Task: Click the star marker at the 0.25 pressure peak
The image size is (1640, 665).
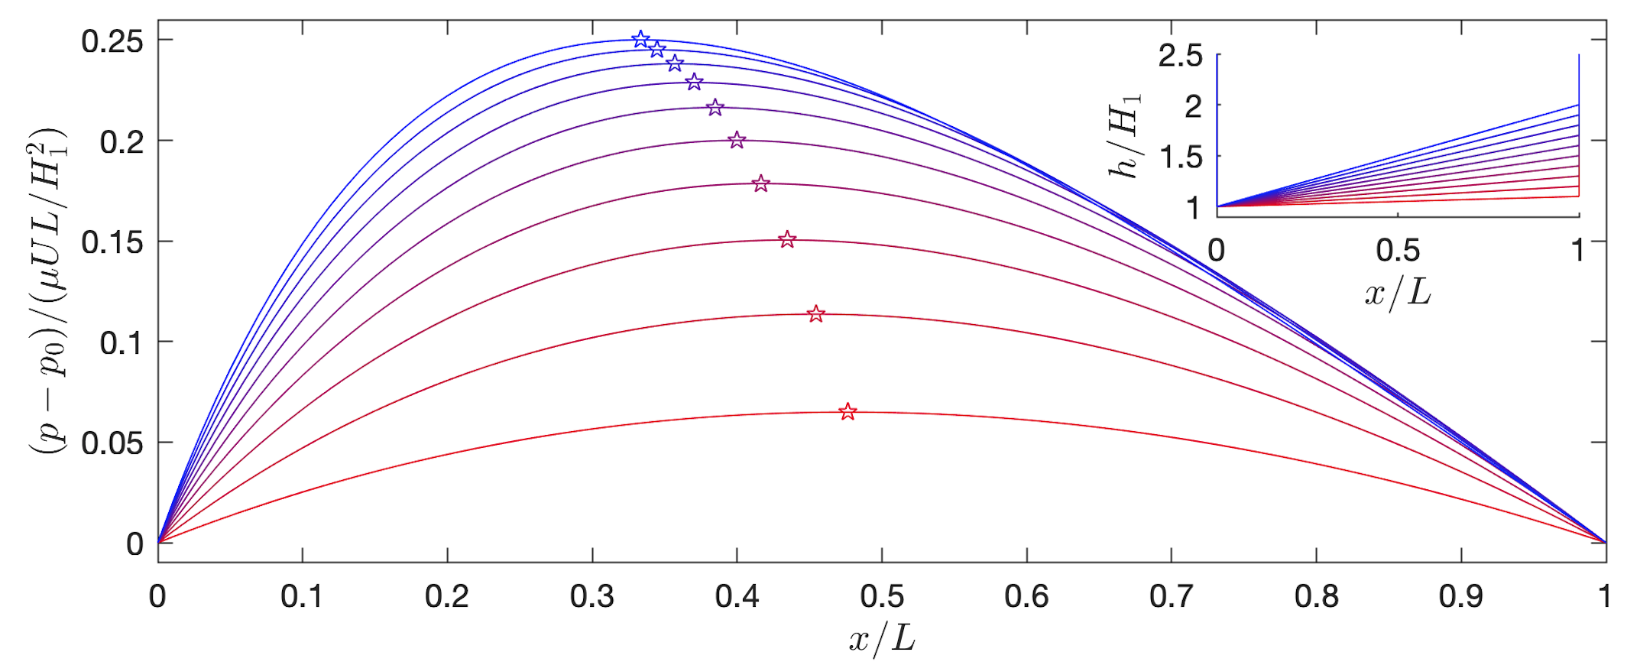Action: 640,39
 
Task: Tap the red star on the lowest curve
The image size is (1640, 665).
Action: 848,412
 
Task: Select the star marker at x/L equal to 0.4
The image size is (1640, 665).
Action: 737,140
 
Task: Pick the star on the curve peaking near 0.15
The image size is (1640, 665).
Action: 787,240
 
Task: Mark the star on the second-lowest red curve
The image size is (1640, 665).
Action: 816,314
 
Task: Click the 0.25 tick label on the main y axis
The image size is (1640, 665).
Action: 112,41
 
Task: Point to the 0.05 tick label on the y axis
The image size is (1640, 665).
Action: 112,443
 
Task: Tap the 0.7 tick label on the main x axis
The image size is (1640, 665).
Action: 1171,596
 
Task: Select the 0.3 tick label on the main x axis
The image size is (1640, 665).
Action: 592,596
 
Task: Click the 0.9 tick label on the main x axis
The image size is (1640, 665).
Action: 1460,596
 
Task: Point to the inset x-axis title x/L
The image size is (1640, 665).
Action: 1398,292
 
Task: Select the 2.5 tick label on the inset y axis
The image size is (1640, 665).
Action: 1180,56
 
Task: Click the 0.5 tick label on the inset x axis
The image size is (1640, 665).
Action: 1398,251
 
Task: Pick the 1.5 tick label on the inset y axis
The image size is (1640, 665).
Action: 1180,157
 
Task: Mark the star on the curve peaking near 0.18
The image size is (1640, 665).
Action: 760,183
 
